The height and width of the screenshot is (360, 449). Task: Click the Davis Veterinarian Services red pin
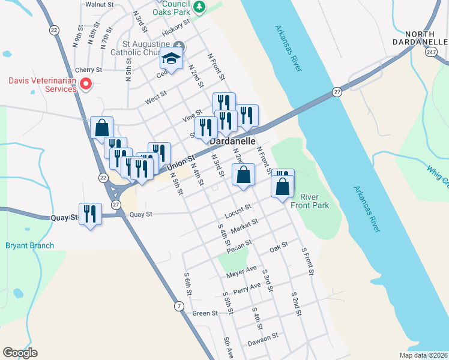coord(86,84)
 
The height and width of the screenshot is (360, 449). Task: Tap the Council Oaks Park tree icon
coord(202,7)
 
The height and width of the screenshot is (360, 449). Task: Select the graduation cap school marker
coord(171,59)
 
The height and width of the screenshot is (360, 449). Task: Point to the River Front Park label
coord(309,201)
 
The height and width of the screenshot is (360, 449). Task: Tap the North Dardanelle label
coord(426,38)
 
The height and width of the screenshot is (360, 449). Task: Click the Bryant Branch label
coord(29,245)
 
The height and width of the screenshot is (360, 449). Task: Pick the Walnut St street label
coord(99,4)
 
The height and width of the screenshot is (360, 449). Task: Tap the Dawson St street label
coord(263,339)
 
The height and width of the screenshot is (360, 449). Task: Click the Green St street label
coord(205,313)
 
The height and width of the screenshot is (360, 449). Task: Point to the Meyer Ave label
coord(241,272)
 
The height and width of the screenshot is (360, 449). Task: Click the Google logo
coord(20,353)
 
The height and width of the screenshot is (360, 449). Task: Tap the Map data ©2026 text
coord(423,355)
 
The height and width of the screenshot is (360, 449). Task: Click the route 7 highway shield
coord(179,307)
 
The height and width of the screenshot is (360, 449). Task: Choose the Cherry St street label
coord(89,70)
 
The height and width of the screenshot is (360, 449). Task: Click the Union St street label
coord(181,162)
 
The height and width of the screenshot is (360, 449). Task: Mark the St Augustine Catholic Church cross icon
coord(179,46)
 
